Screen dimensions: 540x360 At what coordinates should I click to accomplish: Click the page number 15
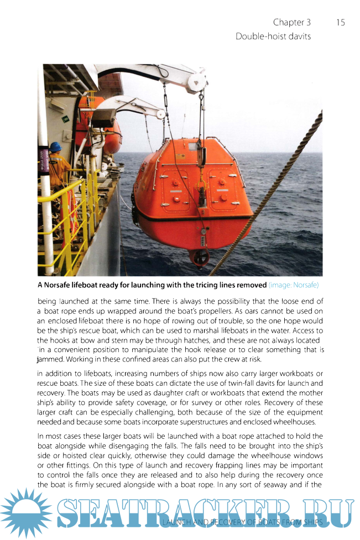click(340, 23)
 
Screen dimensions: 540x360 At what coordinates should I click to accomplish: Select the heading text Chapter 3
click(291, 23)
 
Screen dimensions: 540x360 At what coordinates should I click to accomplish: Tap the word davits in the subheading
click(299, 36)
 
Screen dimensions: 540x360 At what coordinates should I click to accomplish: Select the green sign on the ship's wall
click(66, 118)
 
